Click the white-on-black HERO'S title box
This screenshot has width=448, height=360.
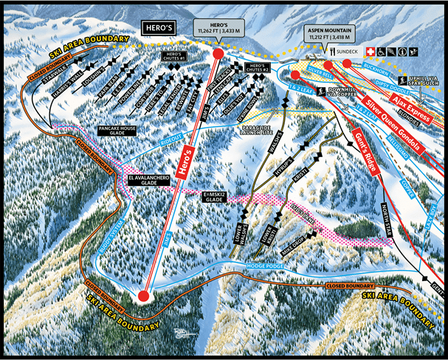[x=156, y=28]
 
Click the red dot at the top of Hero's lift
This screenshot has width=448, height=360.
[x=218, y=54]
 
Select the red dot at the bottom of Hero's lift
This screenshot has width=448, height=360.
[x=144, y=297]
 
